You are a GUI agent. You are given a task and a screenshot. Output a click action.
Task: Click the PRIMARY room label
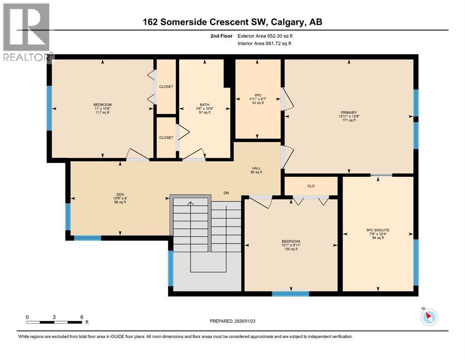(349, 112)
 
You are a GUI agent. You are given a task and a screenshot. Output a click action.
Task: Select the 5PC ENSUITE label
(378, 230)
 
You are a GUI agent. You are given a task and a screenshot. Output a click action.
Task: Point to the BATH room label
(204, 105)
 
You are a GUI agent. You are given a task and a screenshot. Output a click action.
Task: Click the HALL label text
(256, 168)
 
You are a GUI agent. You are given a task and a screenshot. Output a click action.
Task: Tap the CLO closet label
(311, 186)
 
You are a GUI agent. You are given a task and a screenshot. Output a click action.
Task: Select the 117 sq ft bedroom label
(102, 108)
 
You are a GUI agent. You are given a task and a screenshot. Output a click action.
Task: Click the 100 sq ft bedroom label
(290, 245)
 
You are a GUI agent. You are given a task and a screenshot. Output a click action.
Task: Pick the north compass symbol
(429, 317)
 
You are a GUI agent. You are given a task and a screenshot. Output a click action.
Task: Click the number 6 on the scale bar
(81, 317)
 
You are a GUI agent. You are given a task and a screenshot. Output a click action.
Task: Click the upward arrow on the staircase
(190, 203)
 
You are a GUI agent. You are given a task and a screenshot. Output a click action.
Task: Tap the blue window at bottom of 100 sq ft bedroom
(290, 294)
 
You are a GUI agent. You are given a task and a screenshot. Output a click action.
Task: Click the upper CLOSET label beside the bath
(166, 87)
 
